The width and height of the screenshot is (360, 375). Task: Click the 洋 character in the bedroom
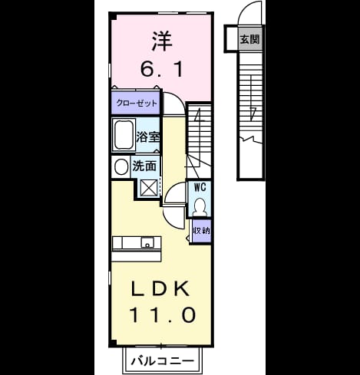[162, 41]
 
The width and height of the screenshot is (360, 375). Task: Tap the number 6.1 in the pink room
[162, 69]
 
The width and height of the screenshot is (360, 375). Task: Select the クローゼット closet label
[137, 104]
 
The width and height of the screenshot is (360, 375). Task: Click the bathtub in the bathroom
[124, 135]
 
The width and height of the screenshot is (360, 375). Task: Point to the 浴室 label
[148, 137]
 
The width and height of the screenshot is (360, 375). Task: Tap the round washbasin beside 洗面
[121, 167]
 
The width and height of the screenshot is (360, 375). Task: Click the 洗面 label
[144, 166]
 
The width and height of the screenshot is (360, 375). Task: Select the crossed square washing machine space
[149, 188]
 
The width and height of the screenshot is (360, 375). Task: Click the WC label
[200, 187]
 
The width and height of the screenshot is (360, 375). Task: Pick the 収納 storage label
[202, 231]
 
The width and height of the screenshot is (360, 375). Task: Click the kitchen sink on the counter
[147, 242]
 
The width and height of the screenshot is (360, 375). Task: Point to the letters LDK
[160, 288]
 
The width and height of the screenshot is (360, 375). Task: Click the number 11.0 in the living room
[163, 314]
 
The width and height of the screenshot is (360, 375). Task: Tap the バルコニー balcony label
[163, 361]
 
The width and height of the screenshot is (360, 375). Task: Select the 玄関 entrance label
[249, 39]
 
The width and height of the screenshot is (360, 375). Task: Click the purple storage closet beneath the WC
[202, 231]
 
